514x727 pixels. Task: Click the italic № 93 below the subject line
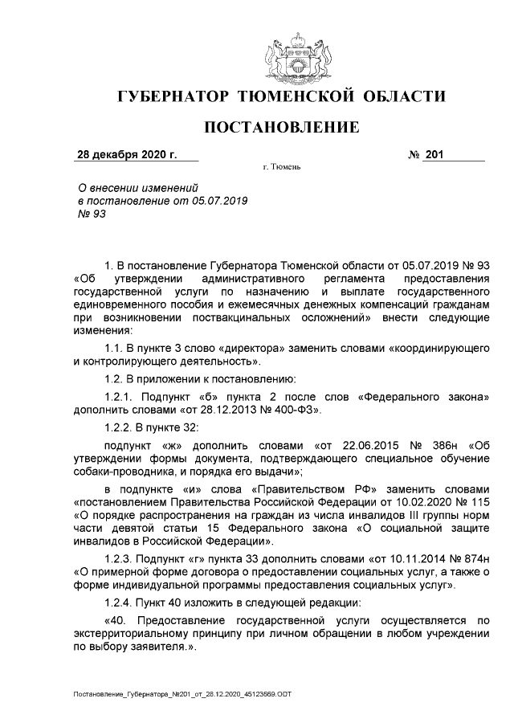point(91,214)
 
